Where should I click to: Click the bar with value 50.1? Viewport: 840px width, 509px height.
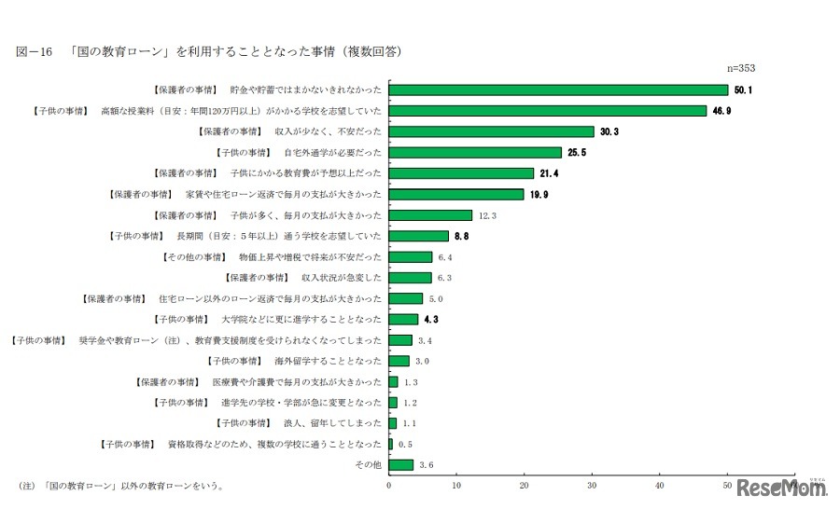558,89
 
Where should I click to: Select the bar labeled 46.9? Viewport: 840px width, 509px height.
548,110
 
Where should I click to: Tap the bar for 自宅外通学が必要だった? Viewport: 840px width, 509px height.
475,152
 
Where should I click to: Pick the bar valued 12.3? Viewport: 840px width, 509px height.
430,214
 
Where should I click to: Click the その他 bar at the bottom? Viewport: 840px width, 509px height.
400,464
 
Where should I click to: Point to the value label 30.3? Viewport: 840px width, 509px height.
609,131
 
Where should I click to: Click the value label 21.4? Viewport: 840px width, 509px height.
549,173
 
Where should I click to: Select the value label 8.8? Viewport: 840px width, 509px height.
463,236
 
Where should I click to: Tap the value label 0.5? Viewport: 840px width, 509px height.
406,444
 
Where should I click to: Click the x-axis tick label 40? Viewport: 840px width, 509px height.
660,485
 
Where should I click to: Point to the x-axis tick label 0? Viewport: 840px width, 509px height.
389,485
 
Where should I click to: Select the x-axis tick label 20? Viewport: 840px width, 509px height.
525,485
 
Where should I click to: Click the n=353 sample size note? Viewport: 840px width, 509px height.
741,69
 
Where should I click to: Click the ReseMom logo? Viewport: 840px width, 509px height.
782,487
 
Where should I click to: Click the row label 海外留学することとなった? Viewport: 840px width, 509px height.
328,361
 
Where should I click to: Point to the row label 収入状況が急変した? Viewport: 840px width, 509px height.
342,277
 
